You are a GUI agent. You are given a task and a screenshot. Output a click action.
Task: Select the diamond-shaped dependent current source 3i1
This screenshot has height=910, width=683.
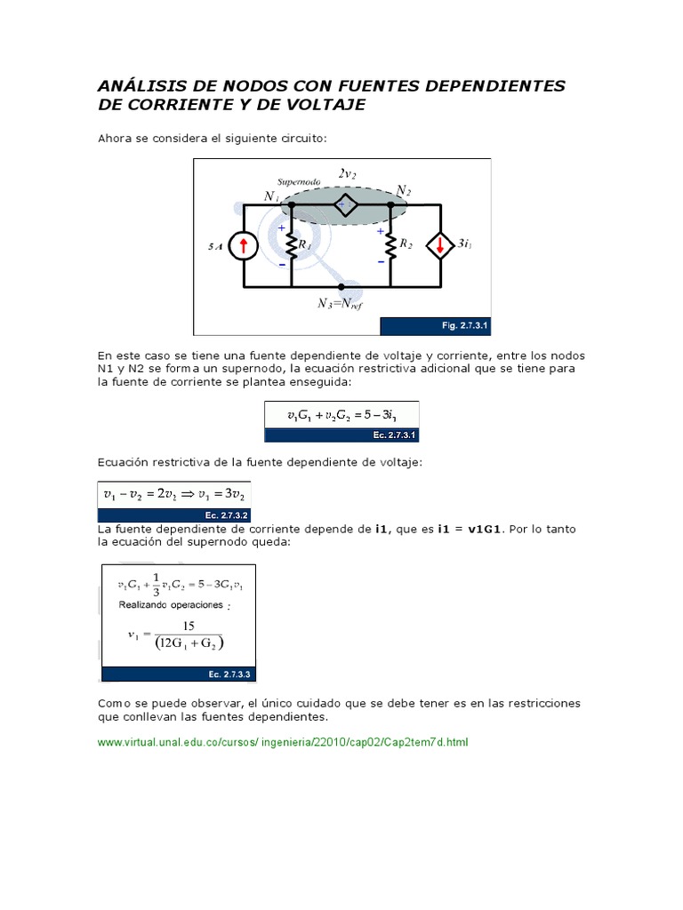[x=439, y=245]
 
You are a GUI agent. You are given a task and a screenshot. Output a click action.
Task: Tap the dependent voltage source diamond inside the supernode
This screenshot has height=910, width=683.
[x=345, y=204]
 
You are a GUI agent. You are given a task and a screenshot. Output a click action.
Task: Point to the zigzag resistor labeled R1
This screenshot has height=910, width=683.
[x=292, y=244]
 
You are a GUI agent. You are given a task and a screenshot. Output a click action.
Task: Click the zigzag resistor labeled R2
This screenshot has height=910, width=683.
[x=390, y=244]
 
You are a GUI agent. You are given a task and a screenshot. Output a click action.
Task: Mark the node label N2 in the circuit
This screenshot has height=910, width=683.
[x=404, y=191]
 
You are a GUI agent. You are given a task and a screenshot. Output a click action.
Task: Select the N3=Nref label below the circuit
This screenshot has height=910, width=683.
[x=340, y=303]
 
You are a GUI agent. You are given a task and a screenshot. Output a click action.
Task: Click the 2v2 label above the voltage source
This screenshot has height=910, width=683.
[x=347, y=174]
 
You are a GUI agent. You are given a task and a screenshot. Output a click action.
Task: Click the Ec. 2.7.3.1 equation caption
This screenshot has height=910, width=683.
[x=393, y=435]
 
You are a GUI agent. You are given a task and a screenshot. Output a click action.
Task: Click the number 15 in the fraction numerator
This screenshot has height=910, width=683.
[x=189, y=626]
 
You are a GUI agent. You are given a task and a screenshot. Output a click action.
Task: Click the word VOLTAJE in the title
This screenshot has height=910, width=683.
[x=322, y=105]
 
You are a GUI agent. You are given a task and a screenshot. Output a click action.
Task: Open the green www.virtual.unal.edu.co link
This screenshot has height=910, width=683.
[x=282, y=741]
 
